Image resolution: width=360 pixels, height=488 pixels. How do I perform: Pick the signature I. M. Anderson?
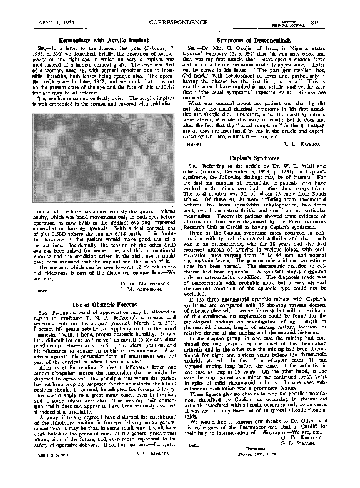(x=143, y=291)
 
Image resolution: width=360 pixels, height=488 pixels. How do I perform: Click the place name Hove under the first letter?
(x=26, y=292)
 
